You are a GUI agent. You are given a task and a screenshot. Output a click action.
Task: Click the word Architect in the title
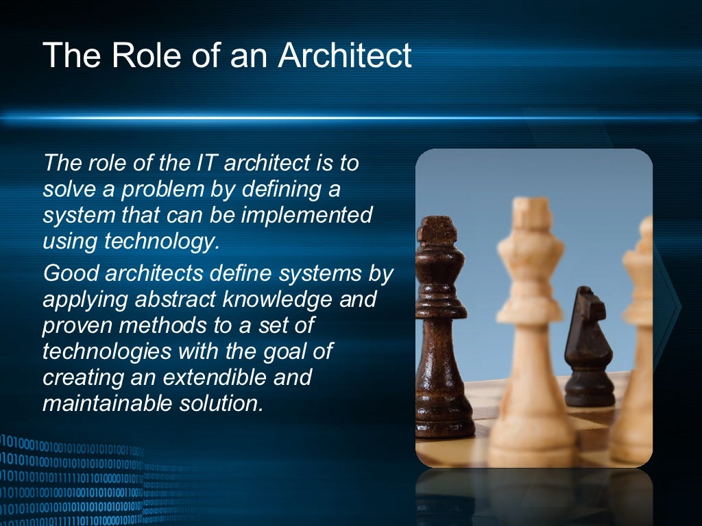tap(345, 55)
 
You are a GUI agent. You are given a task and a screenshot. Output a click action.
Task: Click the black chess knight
tap(588, 346)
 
